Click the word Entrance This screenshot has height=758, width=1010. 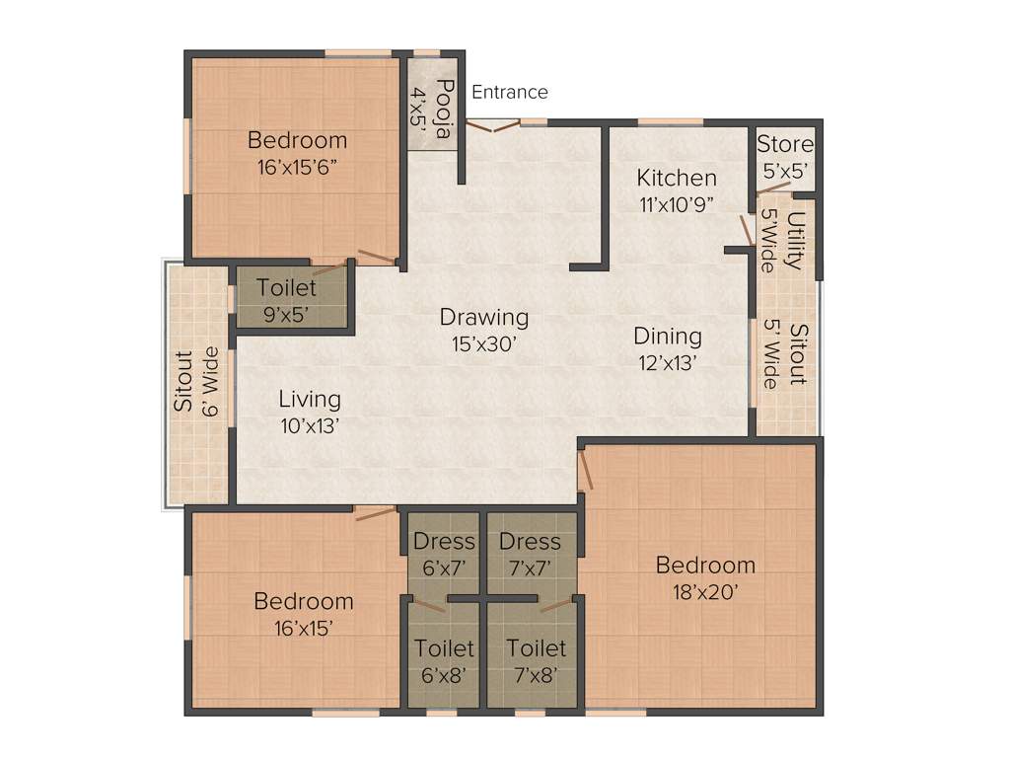509,92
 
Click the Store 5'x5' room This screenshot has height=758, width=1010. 785,157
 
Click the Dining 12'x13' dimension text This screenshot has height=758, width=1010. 668,361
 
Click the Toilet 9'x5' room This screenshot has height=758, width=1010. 287,300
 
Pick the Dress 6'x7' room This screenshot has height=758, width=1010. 444,553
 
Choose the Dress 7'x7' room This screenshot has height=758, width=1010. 530,553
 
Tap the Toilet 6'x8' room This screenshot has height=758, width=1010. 444,660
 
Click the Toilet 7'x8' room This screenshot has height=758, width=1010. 536,660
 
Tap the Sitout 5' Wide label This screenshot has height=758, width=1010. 786,355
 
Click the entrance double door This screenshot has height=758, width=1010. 492,125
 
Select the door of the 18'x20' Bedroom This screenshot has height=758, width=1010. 587,469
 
